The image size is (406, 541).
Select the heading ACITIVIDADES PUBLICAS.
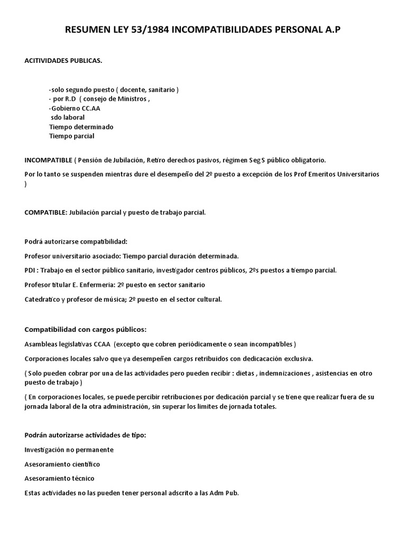pos(63,61)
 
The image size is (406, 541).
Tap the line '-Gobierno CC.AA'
pos(74,108)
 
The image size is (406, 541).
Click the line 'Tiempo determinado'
pos(81,127)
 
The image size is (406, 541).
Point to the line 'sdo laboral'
pos(68,117)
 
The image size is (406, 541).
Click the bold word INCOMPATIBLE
pos(48,160)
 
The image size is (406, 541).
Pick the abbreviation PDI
pos(31,270)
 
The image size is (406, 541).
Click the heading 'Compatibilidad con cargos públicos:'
pos(85,330)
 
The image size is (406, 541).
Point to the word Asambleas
pos(42,344)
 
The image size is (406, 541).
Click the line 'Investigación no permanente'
pos(69,450)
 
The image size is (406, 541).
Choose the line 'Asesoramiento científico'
pos(62,464)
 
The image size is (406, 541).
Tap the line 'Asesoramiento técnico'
pos(59,478)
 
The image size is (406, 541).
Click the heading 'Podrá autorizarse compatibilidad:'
pos(76,241)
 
